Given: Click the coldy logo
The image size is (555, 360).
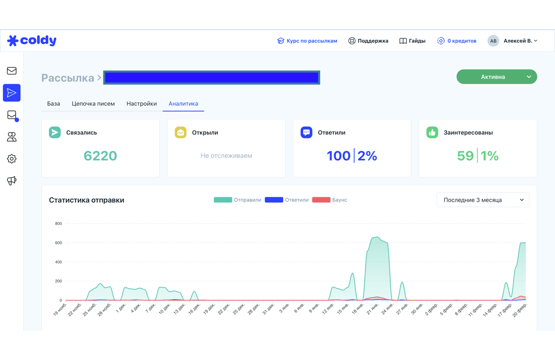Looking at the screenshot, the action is pyautogui.click(x=32, y=41).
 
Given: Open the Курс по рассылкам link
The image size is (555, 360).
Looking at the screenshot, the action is pyautogui.click(x=307, y=41).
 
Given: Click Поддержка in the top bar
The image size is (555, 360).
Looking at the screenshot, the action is pyautogui.click(x=368, y=41).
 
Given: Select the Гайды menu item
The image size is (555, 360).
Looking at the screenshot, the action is pyautogui.click(x=412, y=41).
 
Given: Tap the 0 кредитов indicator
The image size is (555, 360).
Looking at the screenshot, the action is pyautogui.click(x=457, y=41).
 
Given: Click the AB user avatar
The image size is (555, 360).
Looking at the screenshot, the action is pyautogui.click(x=493, y=41).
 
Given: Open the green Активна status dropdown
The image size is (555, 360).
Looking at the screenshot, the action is pyautogui.click(x=496, y=77).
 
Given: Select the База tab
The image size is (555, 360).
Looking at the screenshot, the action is pyautogui.click(x=53, y=104).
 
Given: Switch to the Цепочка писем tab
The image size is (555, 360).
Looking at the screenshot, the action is pyautogui.click(x=93, y=104).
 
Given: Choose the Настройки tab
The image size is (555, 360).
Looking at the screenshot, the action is pyautogui.click(x=142, y=104).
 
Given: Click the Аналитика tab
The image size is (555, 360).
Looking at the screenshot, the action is pyautogui.click(x=183, y=104).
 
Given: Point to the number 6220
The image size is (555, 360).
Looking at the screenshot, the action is pyautogui.click(x=100, y=156).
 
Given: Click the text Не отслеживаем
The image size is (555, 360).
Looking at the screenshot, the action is pyautogui.click(x=226, y=156).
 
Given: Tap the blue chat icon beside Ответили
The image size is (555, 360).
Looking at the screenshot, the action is pyautogui.click(x=307, y=132).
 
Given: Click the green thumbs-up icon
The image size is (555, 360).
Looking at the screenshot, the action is pyautogui.click(x=432, y=132).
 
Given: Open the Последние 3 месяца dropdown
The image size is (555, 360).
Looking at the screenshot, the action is pyautogui.click(x=483, y=200).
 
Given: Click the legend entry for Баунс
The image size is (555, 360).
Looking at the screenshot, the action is pyautogui.click(x=329, y=200).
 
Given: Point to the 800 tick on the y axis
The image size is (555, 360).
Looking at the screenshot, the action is pyautogui.click(x=59, y=223).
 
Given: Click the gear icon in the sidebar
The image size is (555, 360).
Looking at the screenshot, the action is pyautogui.click(x=12, y=159).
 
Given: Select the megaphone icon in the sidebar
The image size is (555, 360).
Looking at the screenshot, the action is pyautogui.click(x=12, y=181).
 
